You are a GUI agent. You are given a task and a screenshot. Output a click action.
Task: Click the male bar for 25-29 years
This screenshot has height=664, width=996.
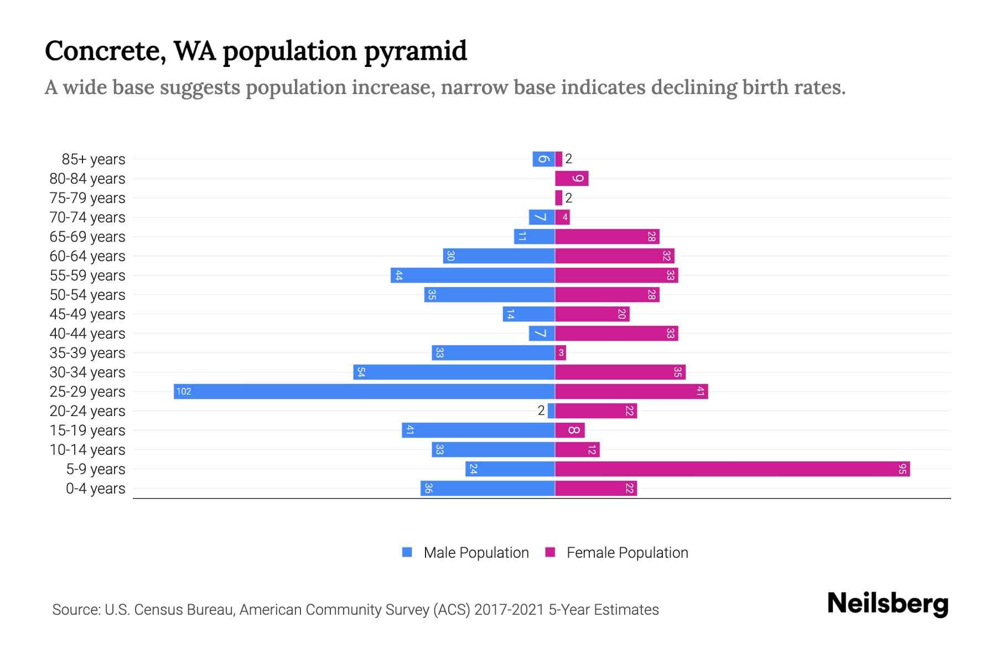click(x=364, y=391)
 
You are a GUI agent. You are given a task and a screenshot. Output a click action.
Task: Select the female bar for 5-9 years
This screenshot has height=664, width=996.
click(x=732, y=469)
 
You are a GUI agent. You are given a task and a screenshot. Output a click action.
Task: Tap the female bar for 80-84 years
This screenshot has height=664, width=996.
click(x=572, y=178)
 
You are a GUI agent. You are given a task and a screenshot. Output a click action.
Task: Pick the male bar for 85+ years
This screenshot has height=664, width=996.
click(x=543, y=159)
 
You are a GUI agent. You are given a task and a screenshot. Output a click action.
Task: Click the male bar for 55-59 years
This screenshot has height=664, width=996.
click(x=473, y=275)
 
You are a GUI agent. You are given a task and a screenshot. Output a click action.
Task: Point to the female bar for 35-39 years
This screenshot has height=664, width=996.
click(x=561, y=352)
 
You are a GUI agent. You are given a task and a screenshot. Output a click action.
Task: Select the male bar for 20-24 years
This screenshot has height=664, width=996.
click(x=551, y=411)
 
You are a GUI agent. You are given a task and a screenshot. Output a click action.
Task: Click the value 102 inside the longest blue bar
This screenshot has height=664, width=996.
click(x=184, y=392)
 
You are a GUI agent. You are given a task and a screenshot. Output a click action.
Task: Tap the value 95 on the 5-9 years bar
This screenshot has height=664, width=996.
click(x=902, y=469)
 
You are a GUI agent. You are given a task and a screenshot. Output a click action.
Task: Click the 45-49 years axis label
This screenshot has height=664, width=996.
click(x=87, y=314)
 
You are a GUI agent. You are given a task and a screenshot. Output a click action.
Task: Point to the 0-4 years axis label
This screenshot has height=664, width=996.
click(x=95, y=489)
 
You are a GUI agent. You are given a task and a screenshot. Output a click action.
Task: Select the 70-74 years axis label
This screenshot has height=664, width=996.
click(x=87, y=217)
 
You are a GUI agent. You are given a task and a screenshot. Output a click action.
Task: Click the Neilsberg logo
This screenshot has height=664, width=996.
click(x=888, y=604)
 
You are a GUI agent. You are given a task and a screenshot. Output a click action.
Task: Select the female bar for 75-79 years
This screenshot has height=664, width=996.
click(x=559, y=198)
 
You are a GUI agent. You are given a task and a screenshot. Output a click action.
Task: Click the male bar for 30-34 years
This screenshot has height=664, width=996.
click(x=454, y=372)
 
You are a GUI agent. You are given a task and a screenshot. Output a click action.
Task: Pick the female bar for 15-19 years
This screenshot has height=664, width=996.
click(x=570, y=430)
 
